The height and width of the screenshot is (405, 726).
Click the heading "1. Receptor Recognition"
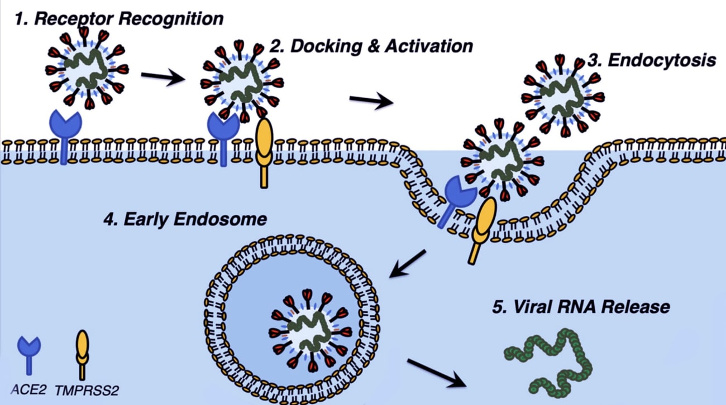point(119,19)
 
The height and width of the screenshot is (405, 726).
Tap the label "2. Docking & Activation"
point(371,46)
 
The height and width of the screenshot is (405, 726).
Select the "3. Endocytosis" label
point(652,60)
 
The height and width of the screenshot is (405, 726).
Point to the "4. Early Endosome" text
point(185,219)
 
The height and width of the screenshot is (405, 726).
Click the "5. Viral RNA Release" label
point(581,307)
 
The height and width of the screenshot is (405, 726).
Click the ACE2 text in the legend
point(28,389)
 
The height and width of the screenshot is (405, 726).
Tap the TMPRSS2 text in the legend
point(87,390)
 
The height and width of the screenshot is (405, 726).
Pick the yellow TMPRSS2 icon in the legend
point(82,355)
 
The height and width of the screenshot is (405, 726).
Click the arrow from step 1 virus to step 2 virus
point(163,77)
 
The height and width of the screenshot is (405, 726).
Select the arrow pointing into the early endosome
point(407,264)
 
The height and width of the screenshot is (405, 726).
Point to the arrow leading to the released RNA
point(437,373)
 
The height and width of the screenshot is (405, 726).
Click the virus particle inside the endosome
point(310,330)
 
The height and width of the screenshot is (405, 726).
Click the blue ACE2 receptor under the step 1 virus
point(65,137)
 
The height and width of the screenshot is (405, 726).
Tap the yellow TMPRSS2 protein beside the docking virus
point(265,153)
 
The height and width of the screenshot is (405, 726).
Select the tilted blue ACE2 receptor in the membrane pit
point(456,201)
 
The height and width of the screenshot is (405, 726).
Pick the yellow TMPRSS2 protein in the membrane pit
point(481,230)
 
